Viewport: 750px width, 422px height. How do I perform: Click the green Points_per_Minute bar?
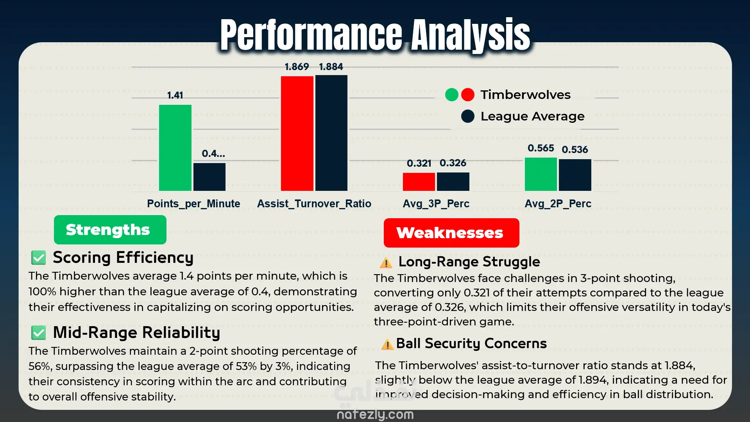pos(175,148)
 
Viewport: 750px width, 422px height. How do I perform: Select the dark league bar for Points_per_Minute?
pos(209,177)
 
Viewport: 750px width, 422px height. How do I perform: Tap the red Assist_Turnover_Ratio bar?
pos(297,133)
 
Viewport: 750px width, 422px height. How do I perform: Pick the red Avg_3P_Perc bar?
pos(419,182)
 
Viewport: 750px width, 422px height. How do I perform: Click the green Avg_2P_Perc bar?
pos(541,174)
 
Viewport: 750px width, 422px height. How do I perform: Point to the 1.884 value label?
pos(331,67)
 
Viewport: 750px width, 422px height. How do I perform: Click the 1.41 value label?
pos(175,95)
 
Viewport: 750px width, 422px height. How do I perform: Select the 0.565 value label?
pos(541,148)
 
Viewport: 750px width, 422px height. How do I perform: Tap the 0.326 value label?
pos(453,163)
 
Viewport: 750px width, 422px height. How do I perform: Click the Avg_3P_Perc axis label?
pos(436,204)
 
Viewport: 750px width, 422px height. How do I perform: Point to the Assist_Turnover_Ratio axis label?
pos(314,204)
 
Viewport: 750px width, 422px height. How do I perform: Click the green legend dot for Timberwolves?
pos(451,95)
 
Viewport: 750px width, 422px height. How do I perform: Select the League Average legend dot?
pos(467,116)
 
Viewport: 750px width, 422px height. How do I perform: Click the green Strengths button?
pos(110,230)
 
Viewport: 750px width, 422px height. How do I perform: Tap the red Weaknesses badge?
pos(451,233)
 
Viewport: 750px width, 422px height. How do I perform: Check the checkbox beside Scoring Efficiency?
pos(39,258)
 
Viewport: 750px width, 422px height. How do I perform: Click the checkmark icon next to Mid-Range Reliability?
pos(39,333)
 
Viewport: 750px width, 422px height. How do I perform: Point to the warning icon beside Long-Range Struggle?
pos(386,262)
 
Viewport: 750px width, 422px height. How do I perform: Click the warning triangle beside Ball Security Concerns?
pos(387,344)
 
